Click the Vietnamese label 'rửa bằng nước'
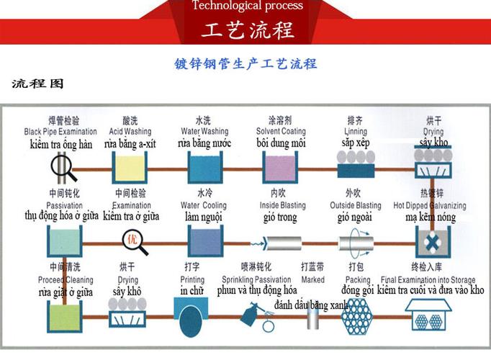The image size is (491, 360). tap(204, 143)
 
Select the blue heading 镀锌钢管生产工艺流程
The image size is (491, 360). tap(245, 63)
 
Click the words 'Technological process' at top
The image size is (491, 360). tap(247, 6)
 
